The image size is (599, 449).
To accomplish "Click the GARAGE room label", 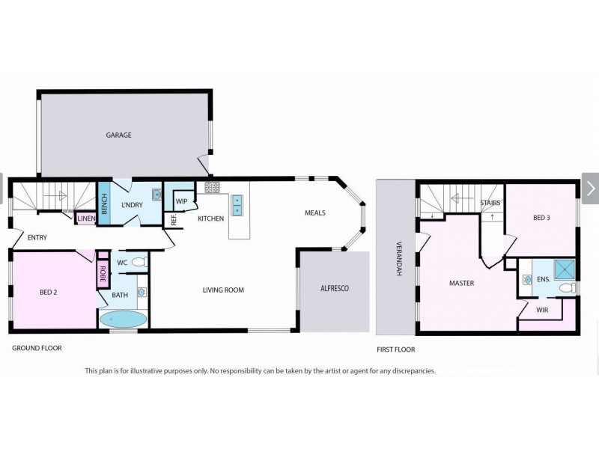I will (x=118, y=135).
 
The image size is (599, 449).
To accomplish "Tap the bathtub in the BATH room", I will (x=124, y=319).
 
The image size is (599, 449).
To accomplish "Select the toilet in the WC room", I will (x=141, y=263).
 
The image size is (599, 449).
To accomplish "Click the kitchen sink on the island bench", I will (x=237, y=205).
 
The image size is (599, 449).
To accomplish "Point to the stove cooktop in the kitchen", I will (x=212, y=188).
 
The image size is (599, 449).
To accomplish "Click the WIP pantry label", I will (x=181, y=201).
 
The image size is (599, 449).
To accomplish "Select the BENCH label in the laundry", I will (x=104, y=204).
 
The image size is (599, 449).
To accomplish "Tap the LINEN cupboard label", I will (x=85, y=219).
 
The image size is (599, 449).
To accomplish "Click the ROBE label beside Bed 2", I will (x=102, y=275).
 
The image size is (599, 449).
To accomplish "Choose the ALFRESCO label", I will (x=335, y=289).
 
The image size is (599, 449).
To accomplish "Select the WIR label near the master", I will (x=541, y=310).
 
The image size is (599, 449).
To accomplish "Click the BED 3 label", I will (x=541, y=218).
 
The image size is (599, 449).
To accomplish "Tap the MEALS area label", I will (x=314, y=213).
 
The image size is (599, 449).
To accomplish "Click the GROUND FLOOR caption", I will (x=37, y=348).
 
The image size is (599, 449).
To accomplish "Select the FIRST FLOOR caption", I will (x=395, y=349).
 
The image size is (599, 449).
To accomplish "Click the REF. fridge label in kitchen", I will (x=174, y=220).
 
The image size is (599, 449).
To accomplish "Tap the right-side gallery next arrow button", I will (x=590, y=189).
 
